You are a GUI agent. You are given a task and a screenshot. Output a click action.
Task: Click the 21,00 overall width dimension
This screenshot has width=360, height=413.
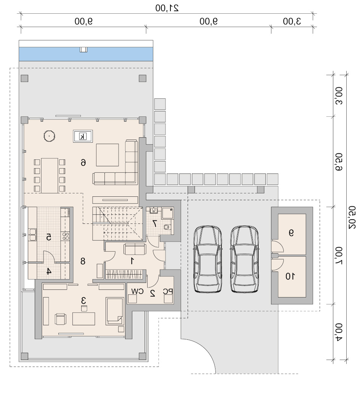(x=167, y=8)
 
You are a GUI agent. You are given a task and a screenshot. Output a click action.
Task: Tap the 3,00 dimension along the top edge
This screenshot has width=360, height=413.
(x=292, y=21)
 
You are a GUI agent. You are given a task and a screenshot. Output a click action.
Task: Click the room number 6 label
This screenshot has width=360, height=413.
(x=83, y=162)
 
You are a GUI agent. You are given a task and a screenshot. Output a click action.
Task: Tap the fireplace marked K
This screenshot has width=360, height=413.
(x=83, y=137)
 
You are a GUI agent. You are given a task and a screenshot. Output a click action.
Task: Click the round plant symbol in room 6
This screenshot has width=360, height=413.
(x=49, y=136)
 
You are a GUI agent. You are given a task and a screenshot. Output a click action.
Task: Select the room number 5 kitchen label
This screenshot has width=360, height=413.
(x=49, y=237)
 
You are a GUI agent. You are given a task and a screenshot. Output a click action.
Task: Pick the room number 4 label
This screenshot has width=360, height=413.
(x=49, y=271)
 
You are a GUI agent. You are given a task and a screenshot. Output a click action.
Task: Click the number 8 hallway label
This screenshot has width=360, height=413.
(x=83, y=261)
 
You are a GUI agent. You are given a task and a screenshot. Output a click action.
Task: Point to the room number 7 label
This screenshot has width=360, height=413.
(x=155, y=223)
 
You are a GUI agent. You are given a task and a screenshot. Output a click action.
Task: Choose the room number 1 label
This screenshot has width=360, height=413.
(x=132, y=261)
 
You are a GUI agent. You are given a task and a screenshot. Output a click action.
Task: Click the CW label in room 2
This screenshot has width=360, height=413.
(x=137, y=291)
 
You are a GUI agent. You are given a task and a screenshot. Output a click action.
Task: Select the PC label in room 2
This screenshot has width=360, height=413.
(x=168, y=291)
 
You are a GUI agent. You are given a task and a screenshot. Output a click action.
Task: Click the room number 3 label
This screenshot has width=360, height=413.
(x=84, y=300)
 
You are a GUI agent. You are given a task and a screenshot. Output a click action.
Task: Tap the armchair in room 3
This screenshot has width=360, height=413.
(x=60, y=319)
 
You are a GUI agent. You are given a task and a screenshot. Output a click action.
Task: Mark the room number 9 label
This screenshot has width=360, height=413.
(x=291, y=233)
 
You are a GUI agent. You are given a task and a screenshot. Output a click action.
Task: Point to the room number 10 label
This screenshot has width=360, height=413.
(x=290, y=276)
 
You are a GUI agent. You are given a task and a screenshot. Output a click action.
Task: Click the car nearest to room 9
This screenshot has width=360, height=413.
(x=244, y=259)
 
